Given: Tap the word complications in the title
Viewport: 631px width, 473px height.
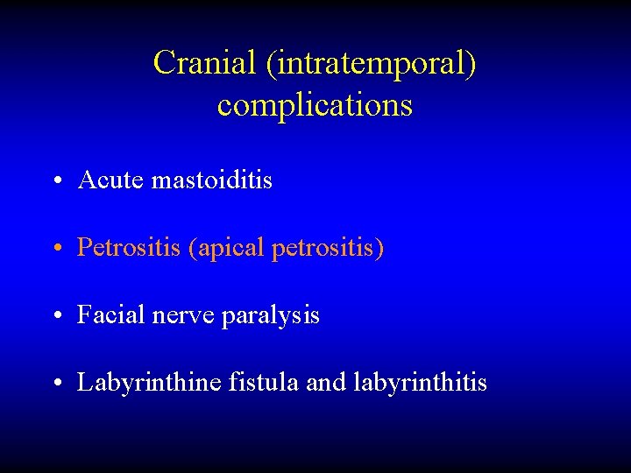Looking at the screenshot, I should [x=315, y=105].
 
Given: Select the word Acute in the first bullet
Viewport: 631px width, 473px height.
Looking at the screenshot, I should [x=111, y=180].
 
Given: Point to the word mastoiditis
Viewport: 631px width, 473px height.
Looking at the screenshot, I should [x=212, y=180].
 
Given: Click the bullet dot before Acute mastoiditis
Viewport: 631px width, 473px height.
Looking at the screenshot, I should [x=55, y=182].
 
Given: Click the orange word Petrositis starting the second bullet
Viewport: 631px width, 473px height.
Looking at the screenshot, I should [x=129, y=248].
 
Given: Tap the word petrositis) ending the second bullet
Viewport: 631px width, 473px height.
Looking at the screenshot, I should [x=328, y=249].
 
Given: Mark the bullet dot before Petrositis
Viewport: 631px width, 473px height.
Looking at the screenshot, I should [x=55, y=250].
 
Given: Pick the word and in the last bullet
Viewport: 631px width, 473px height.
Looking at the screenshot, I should [x=328, y=383].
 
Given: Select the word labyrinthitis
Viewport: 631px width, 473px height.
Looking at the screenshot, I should [x=421, y=383].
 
